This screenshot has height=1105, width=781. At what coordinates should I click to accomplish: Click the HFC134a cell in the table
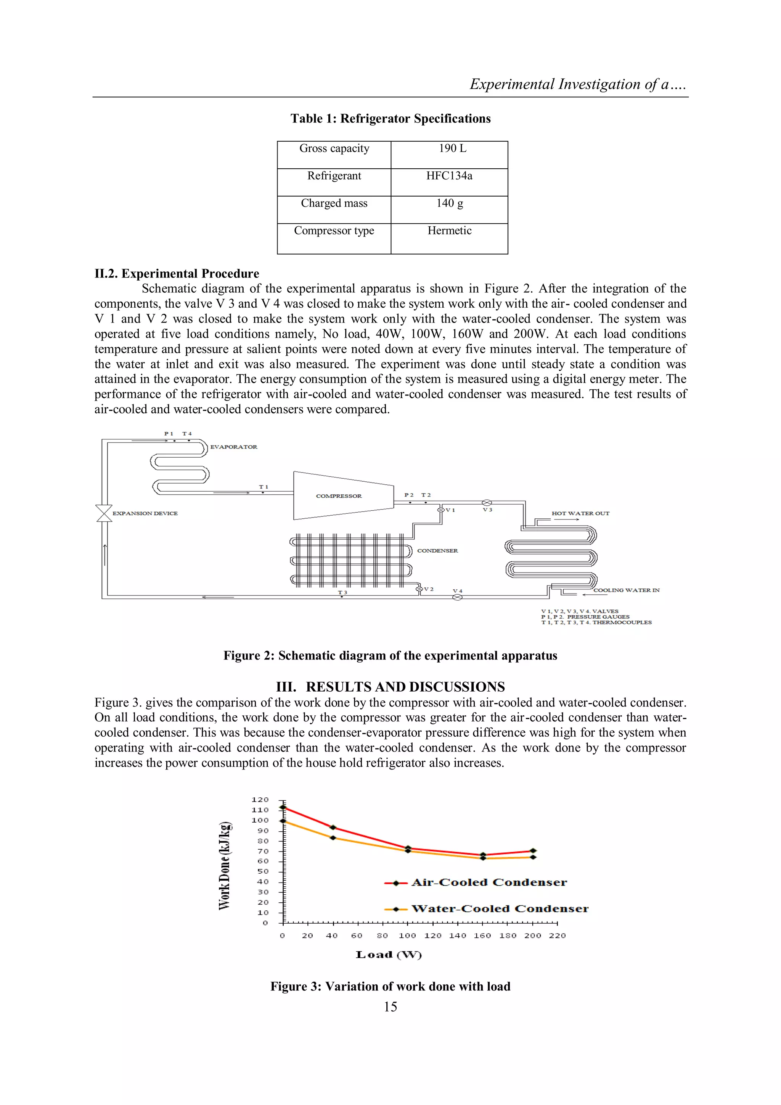449,176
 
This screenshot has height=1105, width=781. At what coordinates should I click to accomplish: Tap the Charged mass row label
334,203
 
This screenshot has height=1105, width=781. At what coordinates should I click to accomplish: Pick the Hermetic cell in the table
449,231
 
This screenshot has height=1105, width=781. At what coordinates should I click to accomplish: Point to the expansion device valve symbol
104,513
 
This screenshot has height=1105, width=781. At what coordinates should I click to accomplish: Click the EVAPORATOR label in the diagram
234,447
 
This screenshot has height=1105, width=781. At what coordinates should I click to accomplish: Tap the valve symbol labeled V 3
487,503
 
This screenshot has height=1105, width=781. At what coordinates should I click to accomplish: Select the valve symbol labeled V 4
457,597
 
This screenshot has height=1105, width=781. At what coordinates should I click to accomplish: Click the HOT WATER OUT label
580,513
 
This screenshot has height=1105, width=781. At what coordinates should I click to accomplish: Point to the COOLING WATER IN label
626,590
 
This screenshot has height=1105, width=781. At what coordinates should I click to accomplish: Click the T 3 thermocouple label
342,592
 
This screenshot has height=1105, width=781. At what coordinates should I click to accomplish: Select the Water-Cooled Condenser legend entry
499,909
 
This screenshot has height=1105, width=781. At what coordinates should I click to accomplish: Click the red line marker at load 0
283,808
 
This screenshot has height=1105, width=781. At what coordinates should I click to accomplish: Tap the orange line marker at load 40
333,838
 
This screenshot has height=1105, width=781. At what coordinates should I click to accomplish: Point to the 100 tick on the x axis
407,936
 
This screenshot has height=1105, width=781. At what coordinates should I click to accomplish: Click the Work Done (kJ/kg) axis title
225,866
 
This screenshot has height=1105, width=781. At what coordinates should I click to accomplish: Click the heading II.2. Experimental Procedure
177,274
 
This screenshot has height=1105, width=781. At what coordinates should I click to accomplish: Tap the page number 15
390,1007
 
